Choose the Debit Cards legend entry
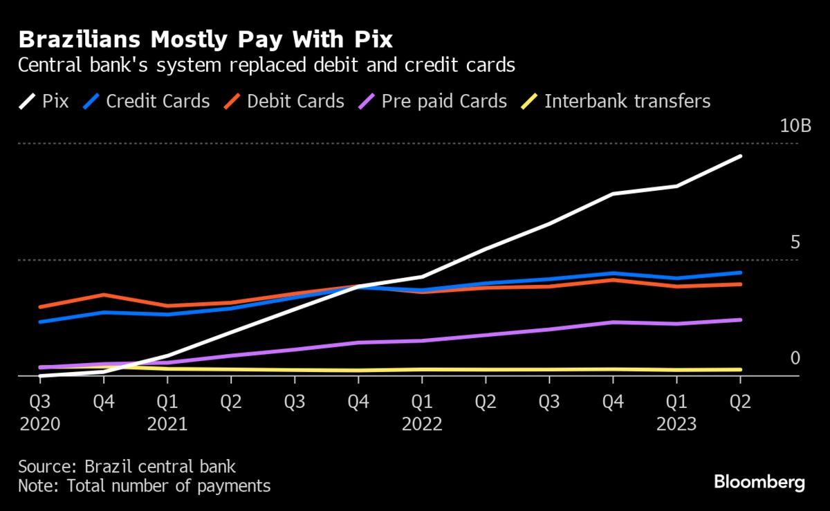click(284, 102)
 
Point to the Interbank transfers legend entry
click(616, 102)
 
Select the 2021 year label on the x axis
click(167, 424)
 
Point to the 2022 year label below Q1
click(422, 424)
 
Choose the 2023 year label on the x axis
click(676, 424)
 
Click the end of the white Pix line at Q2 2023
click(740, 156)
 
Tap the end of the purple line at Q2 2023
click(740, 319)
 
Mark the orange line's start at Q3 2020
click(40, 306)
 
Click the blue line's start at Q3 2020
click(40, 322)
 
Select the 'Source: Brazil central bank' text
click(127, 466)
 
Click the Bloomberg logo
click(759, 482)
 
